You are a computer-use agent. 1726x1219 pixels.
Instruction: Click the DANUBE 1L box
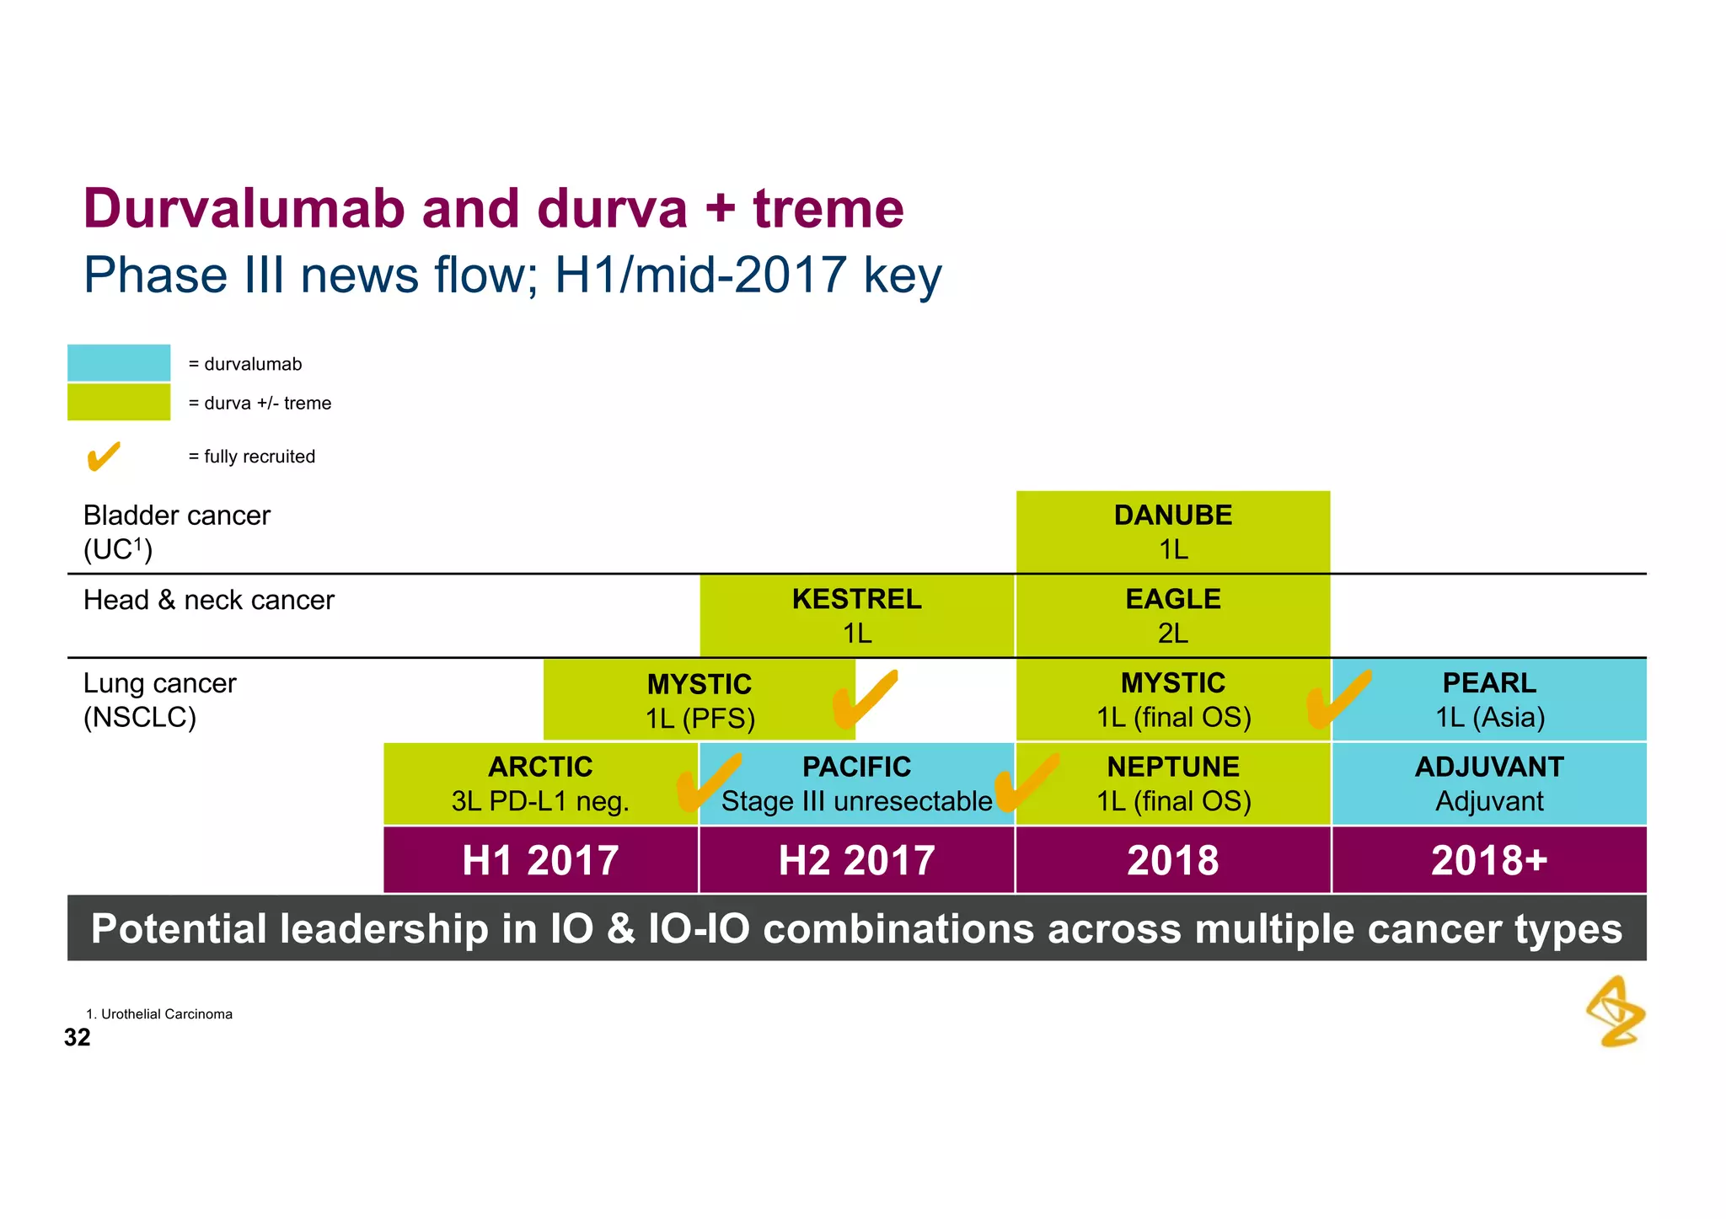coord(1172,532)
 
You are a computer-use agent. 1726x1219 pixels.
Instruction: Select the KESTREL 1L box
coord(856,616)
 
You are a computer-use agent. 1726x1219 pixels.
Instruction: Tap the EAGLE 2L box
coord(1172,616)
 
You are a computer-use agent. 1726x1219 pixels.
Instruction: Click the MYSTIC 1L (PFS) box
coord(700,700)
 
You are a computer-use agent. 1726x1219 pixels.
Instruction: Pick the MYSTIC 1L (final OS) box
coord(1172,700)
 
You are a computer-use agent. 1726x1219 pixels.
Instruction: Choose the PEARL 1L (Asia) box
coord(1489,700)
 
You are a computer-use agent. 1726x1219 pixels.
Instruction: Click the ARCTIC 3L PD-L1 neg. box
coord(540,783)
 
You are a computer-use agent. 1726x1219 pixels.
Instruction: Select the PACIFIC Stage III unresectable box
coord(856,783)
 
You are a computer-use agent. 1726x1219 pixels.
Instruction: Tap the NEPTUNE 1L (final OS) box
coord(1172,783)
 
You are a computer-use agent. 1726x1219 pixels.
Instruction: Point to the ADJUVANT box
coord(1489,783)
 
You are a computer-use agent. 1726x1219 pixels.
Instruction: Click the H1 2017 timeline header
coord(540,860)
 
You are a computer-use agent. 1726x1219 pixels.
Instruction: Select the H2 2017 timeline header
coord(856,860)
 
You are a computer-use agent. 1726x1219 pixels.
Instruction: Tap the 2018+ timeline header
coord(1489,860)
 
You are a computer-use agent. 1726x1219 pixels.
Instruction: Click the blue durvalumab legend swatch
coord(119,363)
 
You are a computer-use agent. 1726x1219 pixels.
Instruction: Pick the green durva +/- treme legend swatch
coord(119,402)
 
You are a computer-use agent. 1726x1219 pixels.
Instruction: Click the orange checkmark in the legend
coord(104,457)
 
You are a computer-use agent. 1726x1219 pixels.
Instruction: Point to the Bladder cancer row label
coord(176,532)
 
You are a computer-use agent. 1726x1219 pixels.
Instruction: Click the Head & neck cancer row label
coord(208,600)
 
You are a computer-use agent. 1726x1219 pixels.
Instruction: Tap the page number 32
coord(77,1037)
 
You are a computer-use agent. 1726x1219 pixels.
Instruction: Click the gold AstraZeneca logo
coord(1616,1012)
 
